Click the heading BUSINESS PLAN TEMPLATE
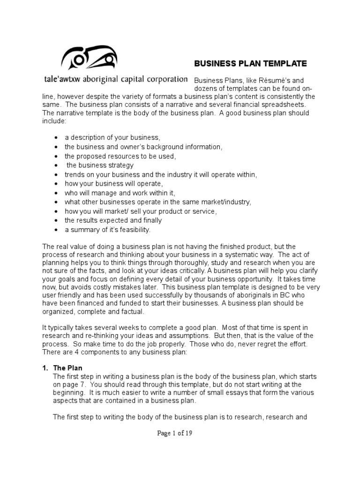tap(250, 63)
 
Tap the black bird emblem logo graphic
tap(89, 57)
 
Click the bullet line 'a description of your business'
tap(112, 137)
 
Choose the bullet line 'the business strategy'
tap(100, 165)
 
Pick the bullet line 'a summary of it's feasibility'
tap(108, 230)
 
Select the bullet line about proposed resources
tap(120, 156)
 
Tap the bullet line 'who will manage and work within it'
tap(120, 193)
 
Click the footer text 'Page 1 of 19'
tap(175, 433)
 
